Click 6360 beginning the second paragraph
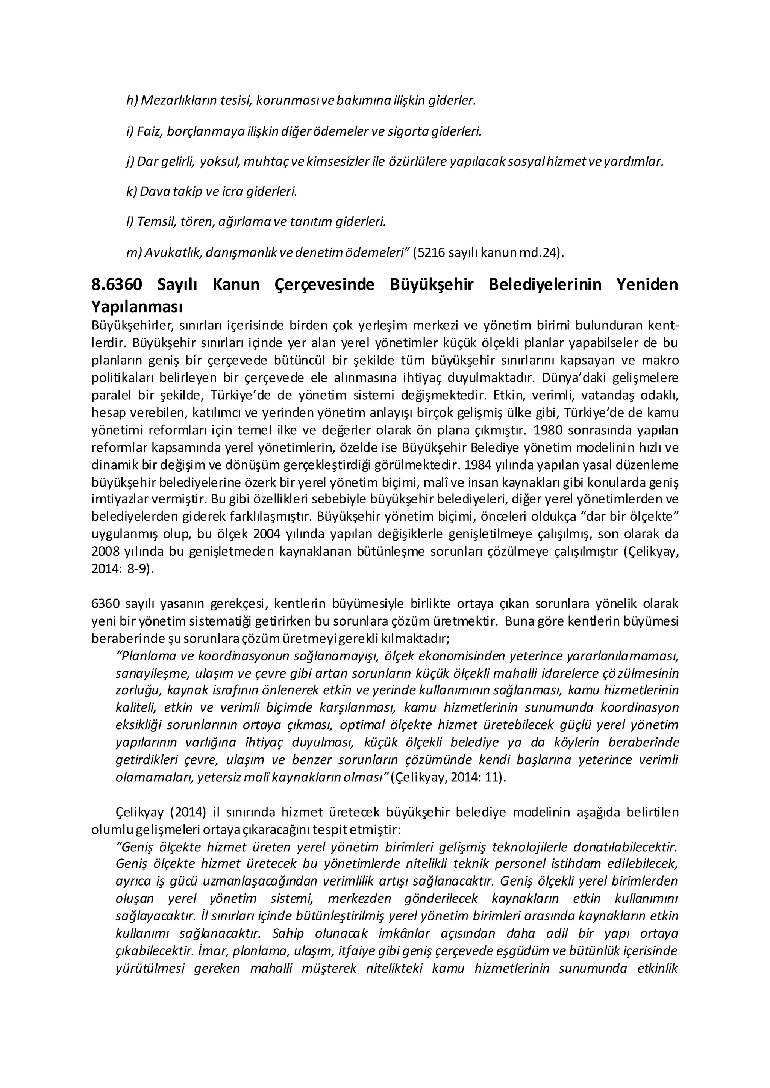pyautogui.click(x=106, y=604)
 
